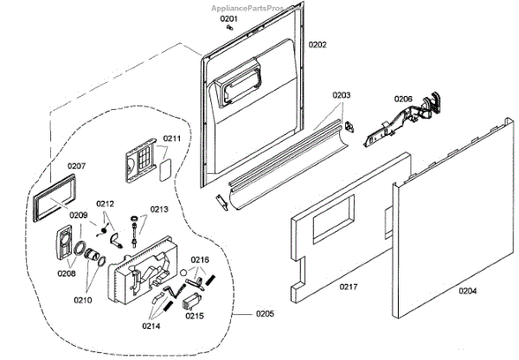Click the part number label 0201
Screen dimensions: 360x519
pos(228,18)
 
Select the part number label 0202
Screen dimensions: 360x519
pos(317,44)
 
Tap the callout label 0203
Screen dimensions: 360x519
pos(342,95)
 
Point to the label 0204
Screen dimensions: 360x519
pos(467,291)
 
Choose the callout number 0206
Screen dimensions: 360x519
pos(404,99)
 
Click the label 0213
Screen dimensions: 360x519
pos(160,209)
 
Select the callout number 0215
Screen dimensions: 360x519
pos(194,317)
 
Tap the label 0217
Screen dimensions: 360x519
pos(350,286)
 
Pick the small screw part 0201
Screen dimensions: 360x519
pos(228,28)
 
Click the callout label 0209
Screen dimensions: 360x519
pos(79,215)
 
